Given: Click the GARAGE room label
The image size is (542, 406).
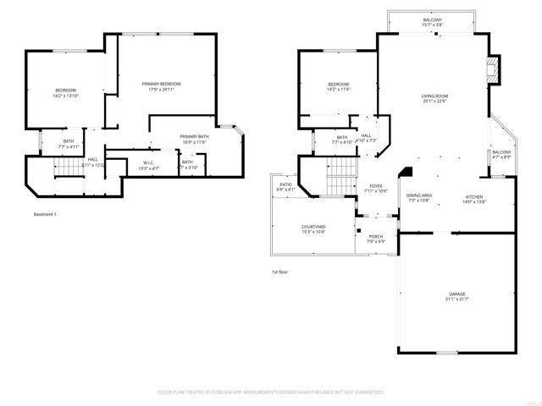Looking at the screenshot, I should (x=456, y=294).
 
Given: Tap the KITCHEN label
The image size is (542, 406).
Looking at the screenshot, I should (x=473, y=196).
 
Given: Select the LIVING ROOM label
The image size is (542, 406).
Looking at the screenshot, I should (x=434, y=96).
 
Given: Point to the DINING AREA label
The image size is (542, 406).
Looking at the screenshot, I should (x=421, y=196).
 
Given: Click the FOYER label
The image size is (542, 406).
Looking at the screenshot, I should (x=376, y=186).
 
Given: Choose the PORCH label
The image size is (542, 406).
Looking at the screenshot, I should (x=375, y=237).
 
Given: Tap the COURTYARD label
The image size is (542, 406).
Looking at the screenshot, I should (x=313, y=227).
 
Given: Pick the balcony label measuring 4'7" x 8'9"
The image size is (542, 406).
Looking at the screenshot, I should (x=501, y=152).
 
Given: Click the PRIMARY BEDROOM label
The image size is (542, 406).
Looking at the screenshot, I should (x=161, y=84).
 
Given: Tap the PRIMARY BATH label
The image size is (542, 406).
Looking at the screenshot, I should (x=194, y=136).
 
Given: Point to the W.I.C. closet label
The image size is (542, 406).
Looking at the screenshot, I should (x=148, y=162).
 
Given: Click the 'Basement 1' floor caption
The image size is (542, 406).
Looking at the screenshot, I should (x=45, y=214).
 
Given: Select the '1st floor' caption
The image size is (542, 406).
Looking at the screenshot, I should (x=279, y=272).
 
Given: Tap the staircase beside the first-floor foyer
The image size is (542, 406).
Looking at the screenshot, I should (x=339, y=178).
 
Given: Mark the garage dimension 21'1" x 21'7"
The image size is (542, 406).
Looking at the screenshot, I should (x=456, y=299).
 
